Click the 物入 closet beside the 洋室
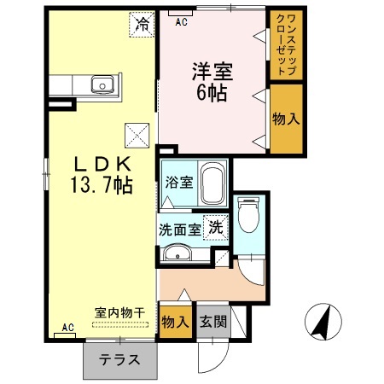point(286,119)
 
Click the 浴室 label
point(178,181)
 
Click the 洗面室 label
point(180,229)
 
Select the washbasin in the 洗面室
point(177,253)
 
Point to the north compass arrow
point(322,320)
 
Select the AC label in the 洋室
point(181,23)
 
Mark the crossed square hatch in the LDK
point(137,134)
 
